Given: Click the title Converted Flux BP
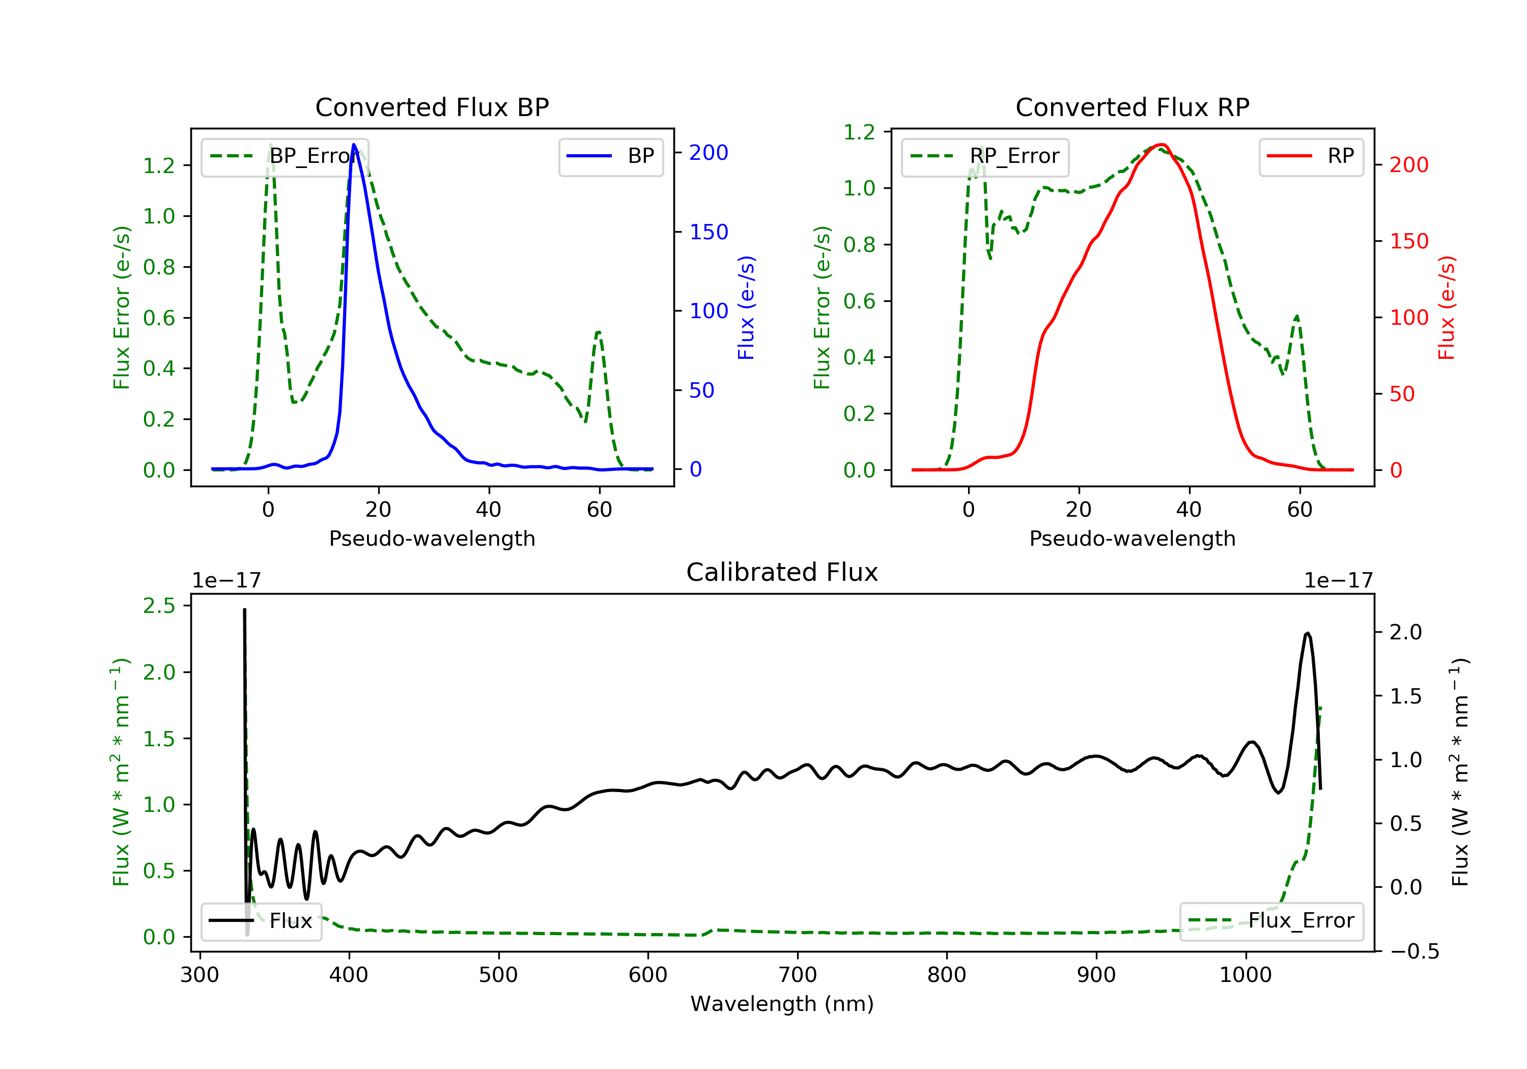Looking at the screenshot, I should click(432, 107).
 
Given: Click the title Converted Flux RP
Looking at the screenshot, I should click(1132, 107).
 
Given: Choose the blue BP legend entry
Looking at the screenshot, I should click(610, 156).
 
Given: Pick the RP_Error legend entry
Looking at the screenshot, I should click(985, 156).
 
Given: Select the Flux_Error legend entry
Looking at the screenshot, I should click(1271, 921).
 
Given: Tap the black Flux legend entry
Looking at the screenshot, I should click(262, 921).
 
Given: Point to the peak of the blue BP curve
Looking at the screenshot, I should click(354, 145).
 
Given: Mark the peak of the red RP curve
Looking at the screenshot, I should click(1161, 145).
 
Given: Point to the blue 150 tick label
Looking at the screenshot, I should click(709, 232).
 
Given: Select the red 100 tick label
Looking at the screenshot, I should click(1408, 317).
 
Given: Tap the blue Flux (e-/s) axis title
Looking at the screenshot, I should click(746, 307).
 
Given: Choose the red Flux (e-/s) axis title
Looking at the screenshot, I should click(1447, 307).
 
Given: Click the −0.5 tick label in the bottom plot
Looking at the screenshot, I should click(1414, 951).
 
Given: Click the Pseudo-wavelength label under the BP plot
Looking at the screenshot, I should click(432, 538).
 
